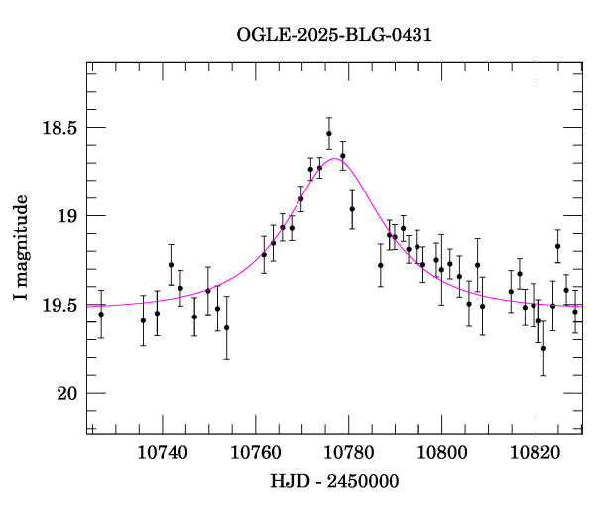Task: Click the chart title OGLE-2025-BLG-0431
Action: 334,35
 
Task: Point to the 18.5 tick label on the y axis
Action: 58,128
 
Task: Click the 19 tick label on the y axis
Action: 65,216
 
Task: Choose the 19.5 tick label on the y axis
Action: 58,306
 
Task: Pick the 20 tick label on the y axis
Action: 65,394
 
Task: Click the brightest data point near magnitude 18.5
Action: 328,133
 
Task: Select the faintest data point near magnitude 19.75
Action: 543,348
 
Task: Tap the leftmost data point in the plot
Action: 101,314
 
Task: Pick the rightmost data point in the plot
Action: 575,312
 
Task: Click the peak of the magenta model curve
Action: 332,158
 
